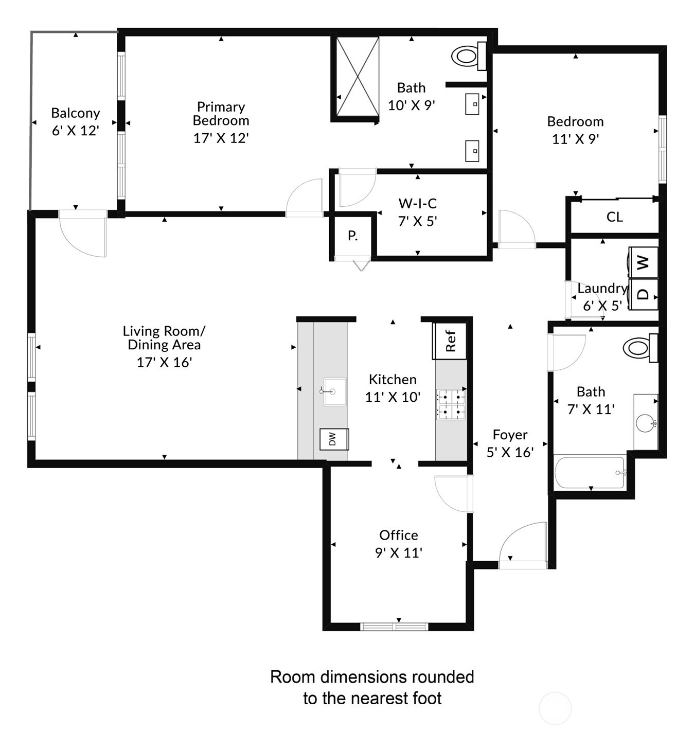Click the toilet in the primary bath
click(467, 56)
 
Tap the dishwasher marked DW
click(334, 439)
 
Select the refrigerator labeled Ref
click(450, 341)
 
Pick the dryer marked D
click(643, 295)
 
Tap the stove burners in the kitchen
click(451, 405)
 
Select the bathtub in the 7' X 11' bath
click(590, 473)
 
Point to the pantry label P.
click(352, 236)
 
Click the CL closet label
click(614, 217)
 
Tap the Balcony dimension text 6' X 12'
click(75, 131)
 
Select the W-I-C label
click(417, 204)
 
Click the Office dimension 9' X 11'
click(398, 552)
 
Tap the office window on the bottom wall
click(394, 626)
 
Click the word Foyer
click(510, 435)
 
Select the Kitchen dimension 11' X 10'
click(393, 397)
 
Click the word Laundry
click(602, 289)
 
